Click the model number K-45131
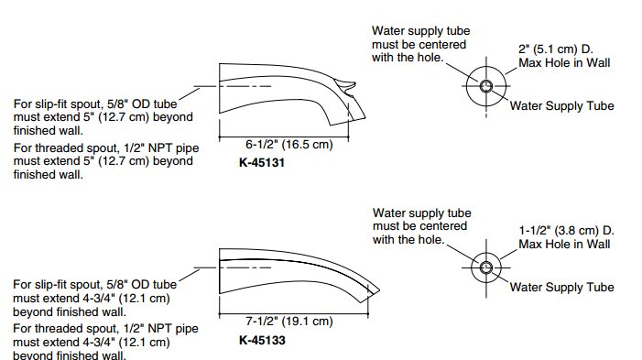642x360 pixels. pos(262,162)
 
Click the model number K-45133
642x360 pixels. pos(262,341)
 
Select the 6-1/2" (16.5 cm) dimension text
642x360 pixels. pos(289,145)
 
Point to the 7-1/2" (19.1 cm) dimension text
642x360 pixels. pos(289,322)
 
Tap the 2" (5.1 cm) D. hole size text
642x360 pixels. pos(556,49)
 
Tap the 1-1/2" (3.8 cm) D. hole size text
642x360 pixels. pos(567,231)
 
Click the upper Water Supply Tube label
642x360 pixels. pos(561,106)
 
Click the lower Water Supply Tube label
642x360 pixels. pos(561,288)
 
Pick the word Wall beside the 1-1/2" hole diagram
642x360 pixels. pos(598,245)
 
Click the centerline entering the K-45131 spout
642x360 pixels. pos(232,86)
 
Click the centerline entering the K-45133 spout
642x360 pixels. pos(232,267)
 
